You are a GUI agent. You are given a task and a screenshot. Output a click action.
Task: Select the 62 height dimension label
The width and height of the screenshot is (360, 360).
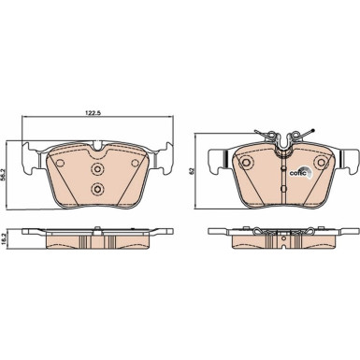pyautogui.click(x=192, y=171)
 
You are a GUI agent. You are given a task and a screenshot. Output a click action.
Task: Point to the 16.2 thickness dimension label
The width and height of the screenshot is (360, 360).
pyautogui.click(x=4, y=240)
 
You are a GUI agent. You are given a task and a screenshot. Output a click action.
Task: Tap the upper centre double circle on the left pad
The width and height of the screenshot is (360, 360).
pyautogui.click(x=97, y=169)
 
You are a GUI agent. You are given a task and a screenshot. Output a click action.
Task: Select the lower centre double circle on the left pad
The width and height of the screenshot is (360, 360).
pyautogui.click(x=97, y=189)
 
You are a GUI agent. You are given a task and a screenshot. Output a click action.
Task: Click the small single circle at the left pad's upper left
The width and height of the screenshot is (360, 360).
pyautogui.click(x=60, y=163)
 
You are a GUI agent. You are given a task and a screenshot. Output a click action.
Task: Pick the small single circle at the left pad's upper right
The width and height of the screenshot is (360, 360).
pyautogui.click(x=135, y=163)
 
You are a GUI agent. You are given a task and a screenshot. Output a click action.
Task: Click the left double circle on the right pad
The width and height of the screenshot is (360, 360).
pyautogui.click(x=246, y=162)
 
